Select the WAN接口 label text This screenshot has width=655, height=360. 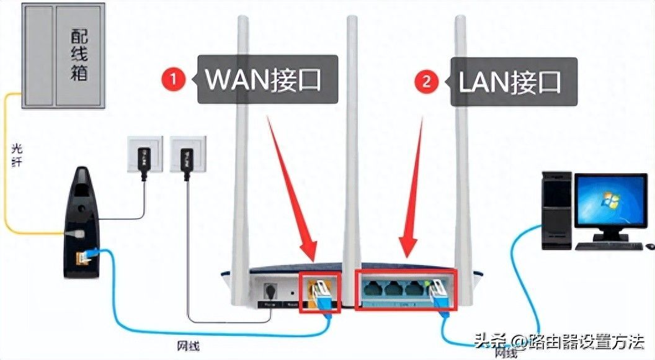click(x=264, y=80)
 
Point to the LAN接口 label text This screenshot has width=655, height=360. click(x=509, y=82)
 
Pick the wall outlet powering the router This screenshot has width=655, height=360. click(x=185, y=155)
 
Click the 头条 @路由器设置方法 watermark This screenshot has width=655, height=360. click(x=559, y=341)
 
